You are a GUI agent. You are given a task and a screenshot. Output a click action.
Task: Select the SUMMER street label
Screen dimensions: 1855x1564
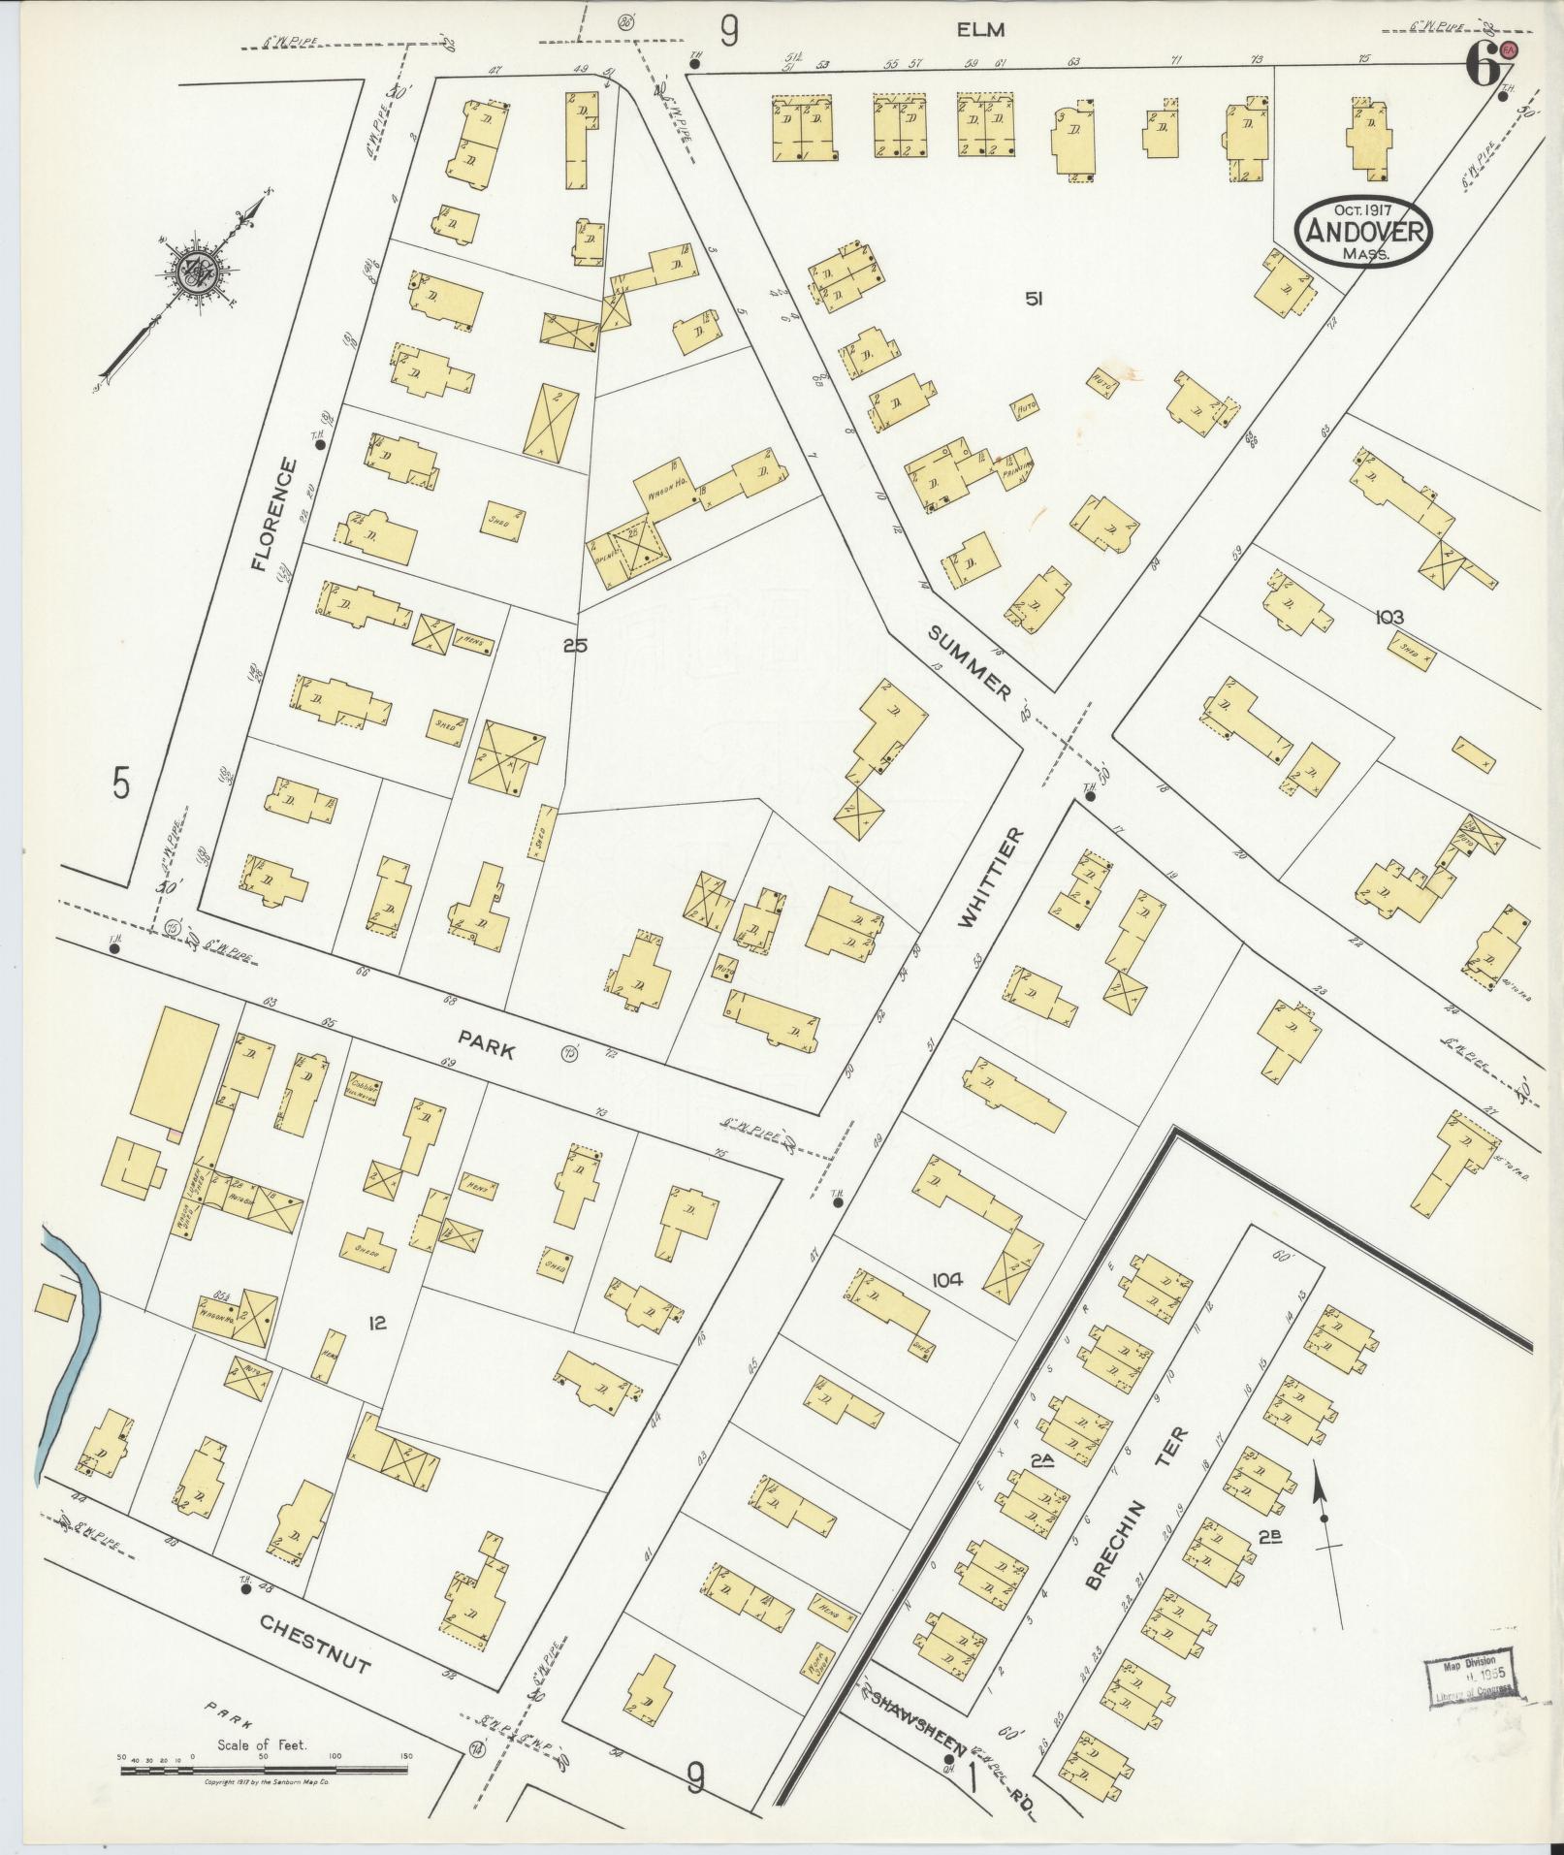pyautogui.click(x=971, y=663)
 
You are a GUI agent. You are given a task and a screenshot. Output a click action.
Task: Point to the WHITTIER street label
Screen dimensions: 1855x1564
pyautogui.click(x=989, y=879)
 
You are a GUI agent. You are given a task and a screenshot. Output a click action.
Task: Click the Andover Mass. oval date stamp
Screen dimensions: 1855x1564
pyautogui.click(x=1365, y=231)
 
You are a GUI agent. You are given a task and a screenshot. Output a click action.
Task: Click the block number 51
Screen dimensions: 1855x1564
pyautogui.click(x=1034, y=300)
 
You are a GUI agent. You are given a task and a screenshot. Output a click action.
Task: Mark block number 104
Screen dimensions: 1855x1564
pyautogui.click(x=945, y=1280)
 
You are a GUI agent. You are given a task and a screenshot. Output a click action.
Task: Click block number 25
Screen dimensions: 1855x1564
pyautogui.click(x=575, y=644)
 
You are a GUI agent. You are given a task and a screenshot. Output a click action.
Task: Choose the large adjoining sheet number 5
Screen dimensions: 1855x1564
pyautogui.click(x=120, y=783)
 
